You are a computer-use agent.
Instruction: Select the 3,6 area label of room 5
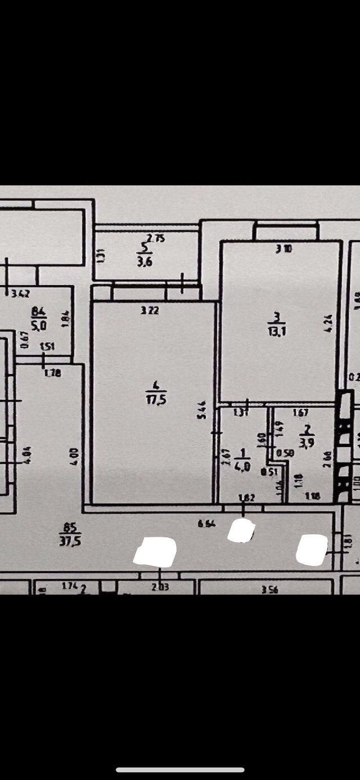pyautogui.click(x=144, y=262)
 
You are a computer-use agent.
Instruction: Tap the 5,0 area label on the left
pyautogui.click(x=39, y=324)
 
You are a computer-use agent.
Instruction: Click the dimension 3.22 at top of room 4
pyautogui.click(x=150, y=310)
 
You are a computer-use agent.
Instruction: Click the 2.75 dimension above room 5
pyautogui.click(x=156, y=238)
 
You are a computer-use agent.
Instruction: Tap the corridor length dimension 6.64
pyautogui.click(x=207, y=524)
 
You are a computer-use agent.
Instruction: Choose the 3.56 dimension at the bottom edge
pyautogui.click(x=269, y=589)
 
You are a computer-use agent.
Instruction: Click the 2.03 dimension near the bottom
pyautogui.click(x=160, y=587)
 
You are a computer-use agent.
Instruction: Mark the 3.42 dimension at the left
pyautogui.click(x=21, y=293)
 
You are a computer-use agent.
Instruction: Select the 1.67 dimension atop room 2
pyautogui.click(x=300, y=413)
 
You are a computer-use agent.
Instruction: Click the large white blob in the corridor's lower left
pyautogui.click(x=156, y=552)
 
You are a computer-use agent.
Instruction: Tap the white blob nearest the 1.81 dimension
pyautogui.click(x=312, y=549)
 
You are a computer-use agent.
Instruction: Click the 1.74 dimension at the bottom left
pyautogui.click(x=70, y=587)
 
